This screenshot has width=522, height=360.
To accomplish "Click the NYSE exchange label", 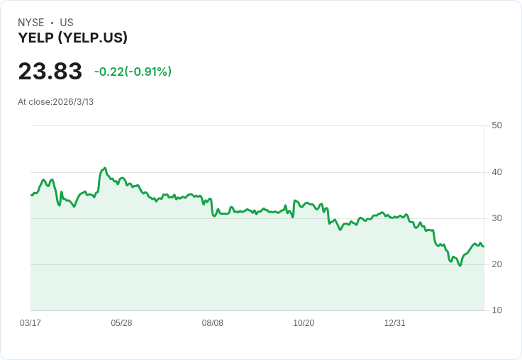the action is [31, 23].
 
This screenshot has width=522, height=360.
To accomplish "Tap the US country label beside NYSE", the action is [67, 23].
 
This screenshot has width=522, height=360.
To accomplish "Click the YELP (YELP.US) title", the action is [72, 38].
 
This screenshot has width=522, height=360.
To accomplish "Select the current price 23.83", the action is [50, 71].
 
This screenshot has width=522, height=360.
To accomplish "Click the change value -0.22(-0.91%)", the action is [133, 72].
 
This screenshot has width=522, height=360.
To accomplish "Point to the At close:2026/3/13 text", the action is [55, 102].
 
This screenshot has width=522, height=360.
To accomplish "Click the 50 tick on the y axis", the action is [496, 125].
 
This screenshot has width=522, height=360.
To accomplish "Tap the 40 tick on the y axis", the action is [496, 172].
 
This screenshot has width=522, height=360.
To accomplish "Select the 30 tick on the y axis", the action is [496, 218].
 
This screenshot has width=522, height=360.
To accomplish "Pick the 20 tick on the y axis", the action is [496, 264].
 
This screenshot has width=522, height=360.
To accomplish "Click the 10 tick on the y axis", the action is [496, 310].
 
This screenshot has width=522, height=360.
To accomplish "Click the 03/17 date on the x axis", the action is [30, 323].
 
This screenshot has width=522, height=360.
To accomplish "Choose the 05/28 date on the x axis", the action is [121, 323].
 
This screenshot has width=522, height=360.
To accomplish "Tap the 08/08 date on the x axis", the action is [212, 323].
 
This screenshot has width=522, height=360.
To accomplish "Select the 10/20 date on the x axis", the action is [304, 323].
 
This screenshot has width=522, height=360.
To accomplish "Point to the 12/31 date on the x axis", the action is [395, 323].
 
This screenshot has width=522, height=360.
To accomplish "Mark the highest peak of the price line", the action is [105, 168].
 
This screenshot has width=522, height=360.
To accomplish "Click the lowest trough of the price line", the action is [460, 266].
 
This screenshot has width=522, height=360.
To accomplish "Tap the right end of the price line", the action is [484, 247].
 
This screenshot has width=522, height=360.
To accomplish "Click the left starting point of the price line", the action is [31, 196].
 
